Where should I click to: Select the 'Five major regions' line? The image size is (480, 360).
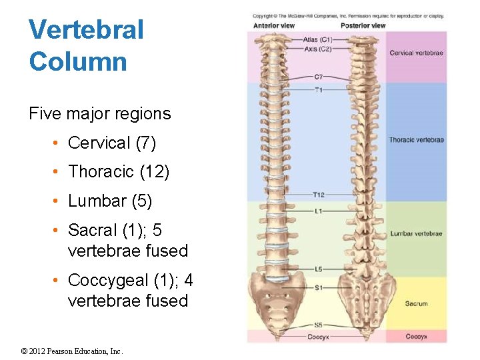[100, 114]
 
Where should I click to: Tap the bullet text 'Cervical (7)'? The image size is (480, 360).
[112, 143]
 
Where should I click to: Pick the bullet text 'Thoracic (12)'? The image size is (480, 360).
[119, 172]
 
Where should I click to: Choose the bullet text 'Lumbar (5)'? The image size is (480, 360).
[110, 201]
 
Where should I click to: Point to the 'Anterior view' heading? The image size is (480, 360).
[273, 26]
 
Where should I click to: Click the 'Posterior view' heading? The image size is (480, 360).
[363, 26]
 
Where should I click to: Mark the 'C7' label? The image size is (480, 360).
[318, 77]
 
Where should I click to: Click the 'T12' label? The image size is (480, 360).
[319, 195]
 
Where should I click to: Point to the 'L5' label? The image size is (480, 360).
[319, 269]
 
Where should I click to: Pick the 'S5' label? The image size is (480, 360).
[319, 325]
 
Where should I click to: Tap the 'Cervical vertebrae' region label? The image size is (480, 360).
[417, 53]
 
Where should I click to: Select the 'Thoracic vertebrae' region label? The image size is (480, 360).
[417, 140]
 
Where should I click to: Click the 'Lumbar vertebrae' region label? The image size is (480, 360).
[417, 234]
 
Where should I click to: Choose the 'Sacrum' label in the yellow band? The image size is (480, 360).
[417, 304]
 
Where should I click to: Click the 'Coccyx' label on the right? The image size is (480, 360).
[417, 337]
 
